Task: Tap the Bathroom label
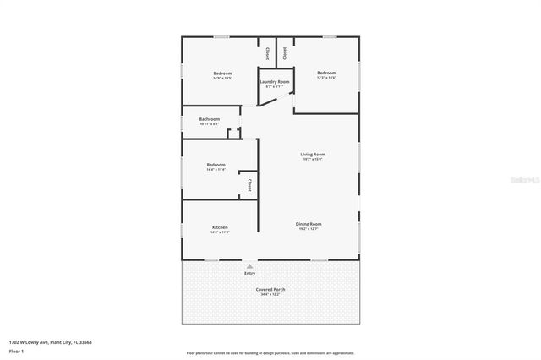click(x=210, y=119)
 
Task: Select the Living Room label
click(x=313, y=154)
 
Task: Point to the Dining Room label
click(x=309, y=224)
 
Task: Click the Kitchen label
click(x=220, y=227)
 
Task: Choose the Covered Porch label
click(x=270, y=289)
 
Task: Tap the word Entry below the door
click(x=249, y=273)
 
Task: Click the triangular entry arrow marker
click(x=249, y=265)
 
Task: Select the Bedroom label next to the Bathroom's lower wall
click(x=216, y=164)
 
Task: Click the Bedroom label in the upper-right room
click(x=326, y=73)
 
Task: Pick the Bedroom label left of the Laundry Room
click(x=223, y=73)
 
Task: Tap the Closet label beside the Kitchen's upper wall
click(x=249, y=184)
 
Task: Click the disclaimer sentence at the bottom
click(x=270, y=352)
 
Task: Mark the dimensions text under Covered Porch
click(x=270, y=294)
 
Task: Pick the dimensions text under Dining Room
click(x=309, y=229)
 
